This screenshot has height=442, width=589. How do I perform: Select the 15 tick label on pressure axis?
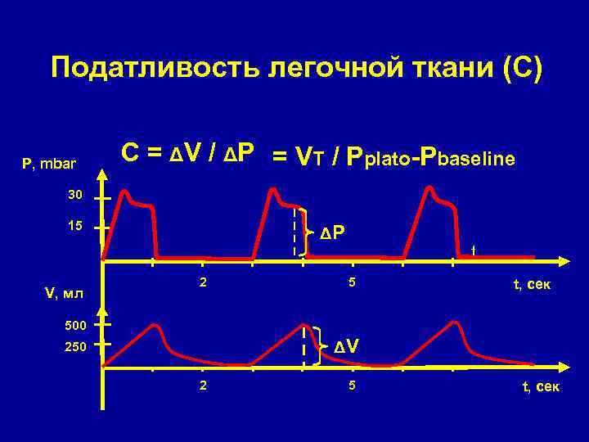pyautogui.click(x=75, y=226)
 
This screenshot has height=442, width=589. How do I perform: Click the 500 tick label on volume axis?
pyautogui.click(x=75, y=325)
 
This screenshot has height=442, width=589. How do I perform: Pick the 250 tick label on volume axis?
pyautogui.click(x=75, y=348)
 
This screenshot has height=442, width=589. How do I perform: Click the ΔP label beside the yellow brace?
pyautogui.click(x=332, y=233)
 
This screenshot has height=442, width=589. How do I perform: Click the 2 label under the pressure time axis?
pyautogui.click(x=203, y=284)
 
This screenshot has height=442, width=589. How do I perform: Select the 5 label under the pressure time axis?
pyautogui.click(x=349, y=284)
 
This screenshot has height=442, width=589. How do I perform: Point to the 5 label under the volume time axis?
pyautogui.click(x=349, y=386)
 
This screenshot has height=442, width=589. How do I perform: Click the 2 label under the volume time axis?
pyautogui.click(x=203, y=386)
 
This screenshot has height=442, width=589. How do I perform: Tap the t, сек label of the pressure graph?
pyautogui.click(x=532, y=285)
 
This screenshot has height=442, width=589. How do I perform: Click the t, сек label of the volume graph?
pyautogui.click(x=541, y=387)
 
